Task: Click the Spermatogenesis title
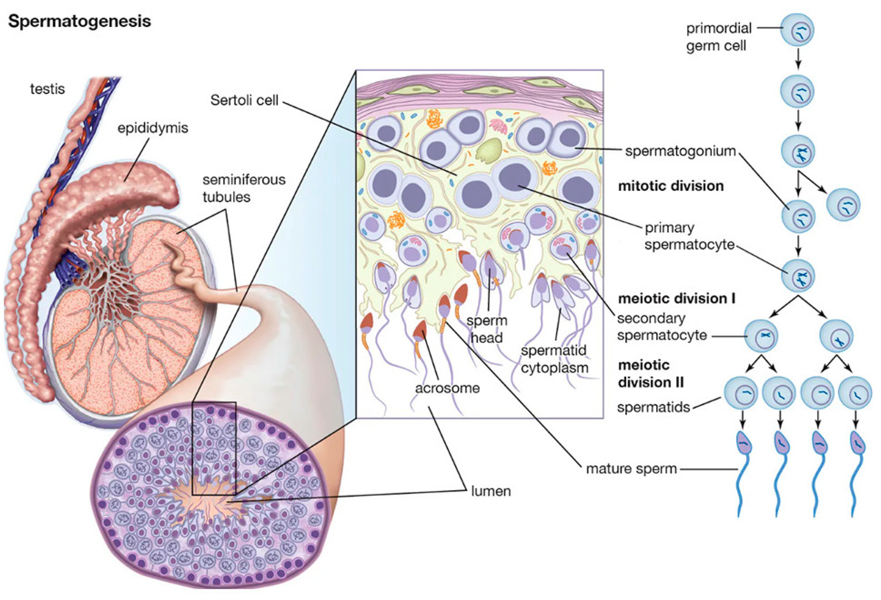(79, 22)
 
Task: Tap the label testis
(47, 89)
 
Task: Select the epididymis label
(152, 128)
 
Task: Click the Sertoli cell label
(244, 100)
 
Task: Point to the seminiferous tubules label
(244, 188)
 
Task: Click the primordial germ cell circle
(797, 29)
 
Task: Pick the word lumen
(491, 491)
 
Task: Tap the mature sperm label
(631, 469)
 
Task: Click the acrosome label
(447, 388)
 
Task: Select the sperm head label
(487, 329)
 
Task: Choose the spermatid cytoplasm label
(554, 359)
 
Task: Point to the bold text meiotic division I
(677, 299)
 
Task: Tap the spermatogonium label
(680, 151)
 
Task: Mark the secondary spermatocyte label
(661, 327)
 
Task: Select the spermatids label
(653, 407)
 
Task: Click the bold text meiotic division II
(651, 374)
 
